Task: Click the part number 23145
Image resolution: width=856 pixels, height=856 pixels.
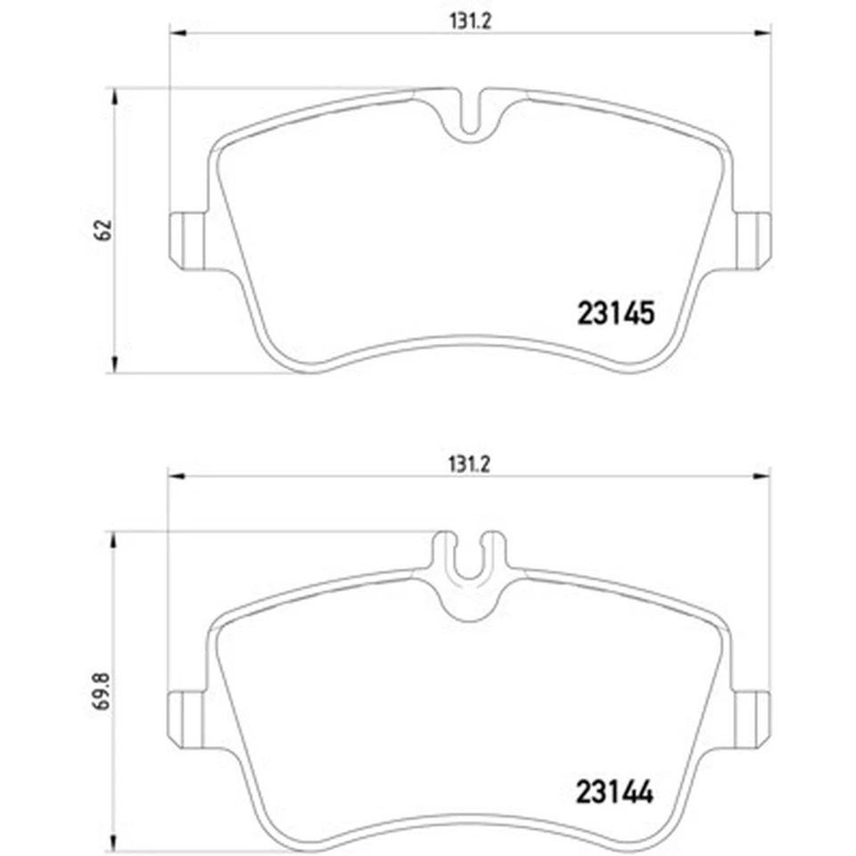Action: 617,314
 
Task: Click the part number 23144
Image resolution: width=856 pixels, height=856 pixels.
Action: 616,791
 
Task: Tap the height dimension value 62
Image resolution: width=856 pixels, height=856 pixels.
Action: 103,229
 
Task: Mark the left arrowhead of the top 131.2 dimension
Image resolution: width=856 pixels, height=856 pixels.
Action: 177,35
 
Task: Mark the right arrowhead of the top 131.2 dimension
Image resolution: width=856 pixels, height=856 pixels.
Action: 763,35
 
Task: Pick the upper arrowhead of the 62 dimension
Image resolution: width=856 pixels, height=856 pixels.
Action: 113,95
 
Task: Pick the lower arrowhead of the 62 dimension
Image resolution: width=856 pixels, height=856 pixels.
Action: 113,366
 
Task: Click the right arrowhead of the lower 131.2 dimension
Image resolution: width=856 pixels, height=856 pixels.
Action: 763,476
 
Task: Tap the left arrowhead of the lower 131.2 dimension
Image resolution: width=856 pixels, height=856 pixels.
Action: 177,476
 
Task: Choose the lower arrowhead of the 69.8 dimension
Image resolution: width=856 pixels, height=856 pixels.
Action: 113,843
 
